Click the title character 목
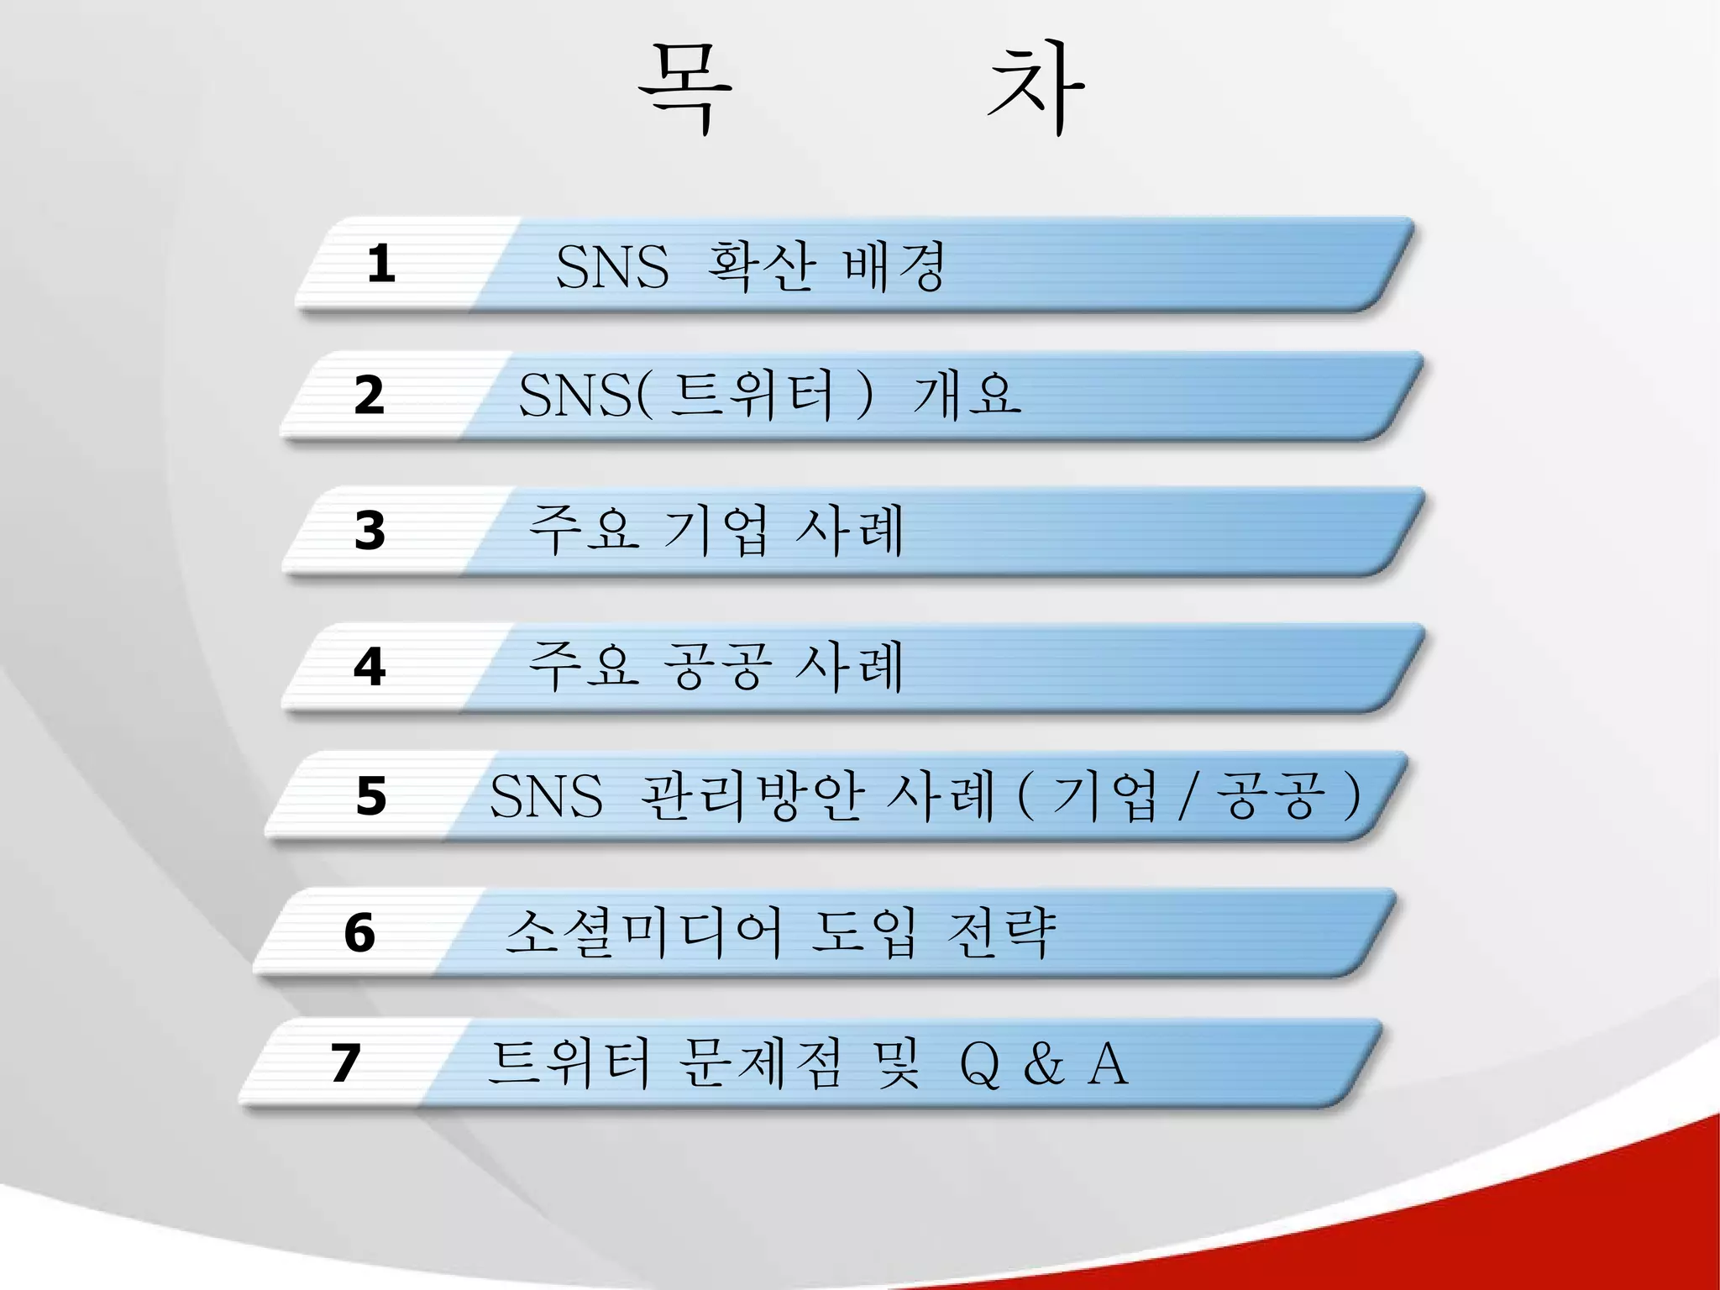click(684, 89)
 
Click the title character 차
click(1035, 89)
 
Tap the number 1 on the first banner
click(381, 264)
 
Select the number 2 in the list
click(370, 396)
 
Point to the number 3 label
click(370, 531)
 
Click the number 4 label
click(370, 667)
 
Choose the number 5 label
click(371, 795)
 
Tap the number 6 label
click(359, 932)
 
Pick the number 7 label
click(345, 1062)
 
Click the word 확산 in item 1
click(761, 266)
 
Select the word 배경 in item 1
click(894, 266)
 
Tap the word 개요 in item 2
click(967, 395)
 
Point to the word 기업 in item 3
click(715, 531)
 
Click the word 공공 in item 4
click(716, 667)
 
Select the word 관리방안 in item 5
click(752, 795)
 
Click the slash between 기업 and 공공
click(1186, 798)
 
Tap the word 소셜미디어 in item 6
click(643, 932)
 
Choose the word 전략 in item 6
click(1000, 932)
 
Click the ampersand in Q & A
click(1044, 1064)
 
